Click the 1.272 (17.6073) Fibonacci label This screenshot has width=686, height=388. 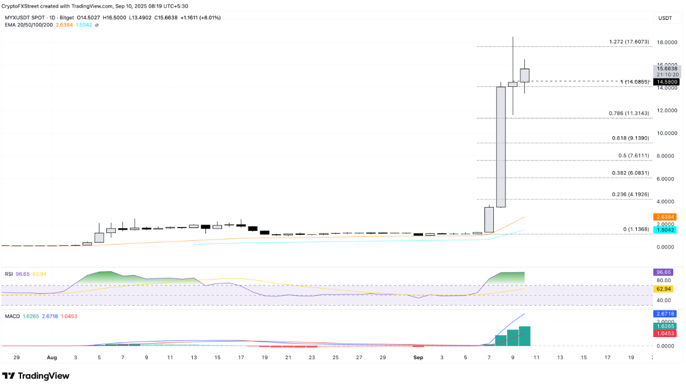coord(628,42)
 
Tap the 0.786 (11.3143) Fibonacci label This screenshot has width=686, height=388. coord(628,113)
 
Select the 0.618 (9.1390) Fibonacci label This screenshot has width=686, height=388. coord(628,138)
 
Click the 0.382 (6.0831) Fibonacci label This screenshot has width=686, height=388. coord(628,173)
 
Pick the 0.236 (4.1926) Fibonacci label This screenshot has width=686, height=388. coord(628,194)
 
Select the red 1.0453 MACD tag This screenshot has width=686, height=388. coord(664,334)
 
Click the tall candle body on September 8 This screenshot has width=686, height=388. coord(501,147)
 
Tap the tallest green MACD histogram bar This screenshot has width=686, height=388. coord(524,336)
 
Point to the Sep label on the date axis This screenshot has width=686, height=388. coord(418,358)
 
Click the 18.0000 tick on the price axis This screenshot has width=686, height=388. coord(667,42)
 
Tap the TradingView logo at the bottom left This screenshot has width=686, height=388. coord(36,376)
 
